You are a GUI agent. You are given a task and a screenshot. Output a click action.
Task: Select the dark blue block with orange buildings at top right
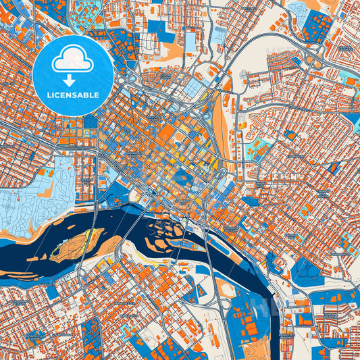pyautogui.click(x=317, y=27)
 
